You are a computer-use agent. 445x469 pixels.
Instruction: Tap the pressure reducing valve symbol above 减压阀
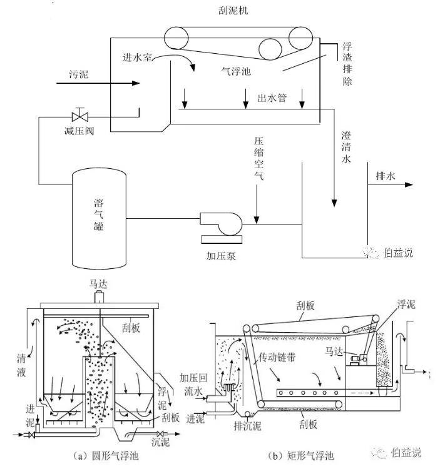[x=79, y=116]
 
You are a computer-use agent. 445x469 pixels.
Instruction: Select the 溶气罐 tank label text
[x=99, y=214]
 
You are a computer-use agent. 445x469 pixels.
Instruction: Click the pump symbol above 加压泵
[x=221, y=224]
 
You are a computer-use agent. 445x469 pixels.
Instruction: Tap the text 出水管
[x=272, y=98]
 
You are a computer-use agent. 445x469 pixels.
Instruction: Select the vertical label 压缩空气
[x=259, y=159]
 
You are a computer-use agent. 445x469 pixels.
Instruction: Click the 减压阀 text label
[x=78, y=131]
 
